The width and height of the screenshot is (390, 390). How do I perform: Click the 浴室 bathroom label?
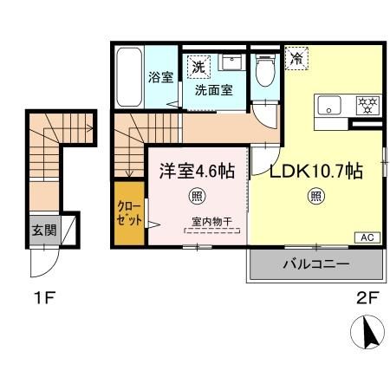tap(160, 77)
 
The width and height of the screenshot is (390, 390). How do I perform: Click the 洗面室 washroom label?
tap(213, 89)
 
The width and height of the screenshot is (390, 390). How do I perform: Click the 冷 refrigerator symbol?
tap(297, 59)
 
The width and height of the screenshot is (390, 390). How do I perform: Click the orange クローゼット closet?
tap(129, 211)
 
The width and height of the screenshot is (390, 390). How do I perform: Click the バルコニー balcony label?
tap(315, 263)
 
